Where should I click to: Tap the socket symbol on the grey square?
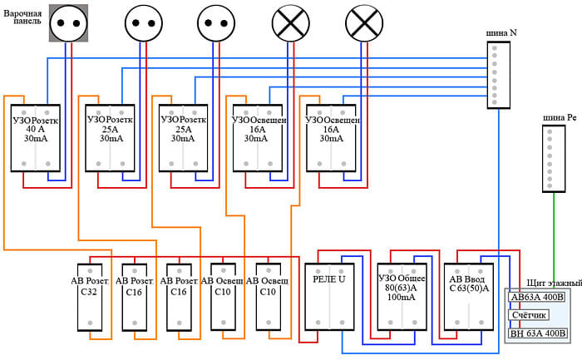pos(67,23)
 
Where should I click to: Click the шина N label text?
pos(501,32)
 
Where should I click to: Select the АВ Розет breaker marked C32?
pos(90,296)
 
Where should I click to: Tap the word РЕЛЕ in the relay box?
pos(320,279)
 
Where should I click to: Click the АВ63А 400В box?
pos(536,297)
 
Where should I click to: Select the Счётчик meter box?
pos(529,316)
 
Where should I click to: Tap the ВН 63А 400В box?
pos(536,333)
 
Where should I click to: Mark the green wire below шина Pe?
pos(553,241)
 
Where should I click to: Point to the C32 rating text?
pos(89,291)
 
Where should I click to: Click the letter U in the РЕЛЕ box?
pos(340,279)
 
